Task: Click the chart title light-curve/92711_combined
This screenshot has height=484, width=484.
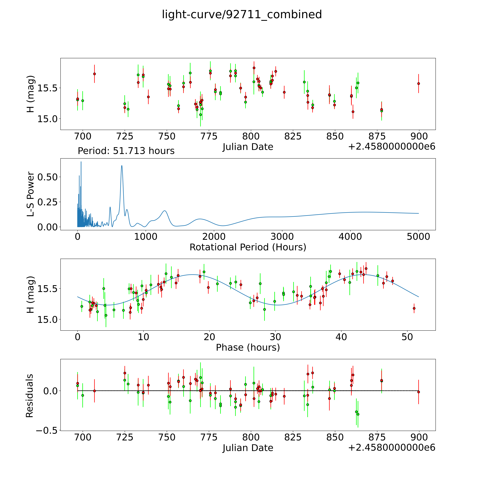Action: [242, 15]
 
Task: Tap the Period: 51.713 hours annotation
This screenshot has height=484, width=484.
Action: [126, 151]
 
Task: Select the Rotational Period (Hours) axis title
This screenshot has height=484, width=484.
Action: [248, 247]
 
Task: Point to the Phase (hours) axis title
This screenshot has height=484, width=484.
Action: [248, 347]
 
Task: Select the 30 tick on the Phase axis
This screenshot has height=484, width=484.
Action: [275, 337]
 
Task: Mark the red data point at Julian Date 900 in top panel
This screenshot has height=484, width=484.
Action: [418, 84]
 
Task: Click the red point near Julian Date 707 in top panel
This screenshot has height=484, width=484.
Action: [94, 74]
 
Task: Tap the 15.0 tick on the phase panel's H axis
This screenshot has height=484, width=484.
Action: [48, 320]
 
